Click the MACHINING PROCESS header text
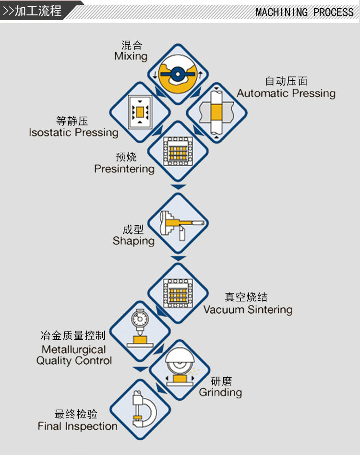[304, 12]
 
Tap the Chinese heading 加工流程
[38, 11]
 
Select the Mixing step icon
[178, 74]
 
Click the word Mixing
[131, 56]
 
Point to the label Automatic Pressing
[286, 93]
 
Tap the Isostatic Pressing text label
[73, 133]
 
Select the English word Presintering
[124, 169]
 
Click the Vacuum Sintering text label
[248, 309]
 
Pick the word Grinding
[220, 393]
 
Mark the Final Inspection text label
[78, 426]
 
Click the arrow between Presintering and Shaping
[178, 186]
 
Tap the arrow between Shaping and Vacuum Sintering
[178, 258]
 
